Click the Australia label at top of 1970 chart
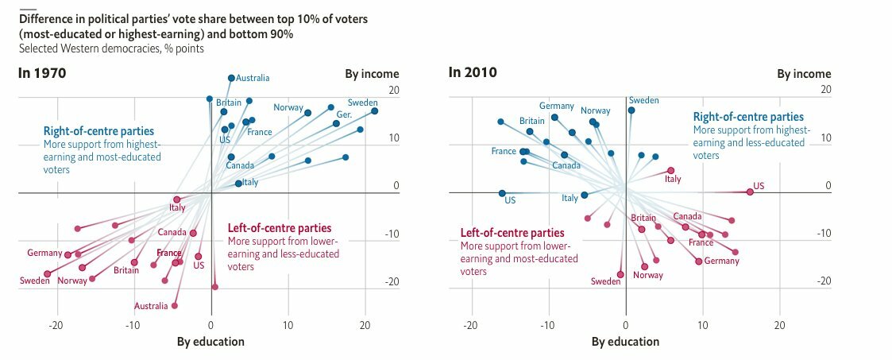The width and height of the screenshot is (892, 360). coord(253,78)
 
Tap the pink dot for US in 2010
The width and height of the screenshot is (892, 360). coord(750,192)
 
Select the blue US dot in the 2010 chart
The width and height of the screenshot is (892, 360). coord(502,193)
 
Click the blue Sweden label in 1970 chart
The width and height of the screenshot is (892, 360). coord(362,103)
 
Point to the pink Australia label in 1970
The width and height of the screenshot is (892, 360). coord(151,306)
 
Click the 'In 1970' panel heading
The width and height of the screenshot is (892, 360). coord(41,73)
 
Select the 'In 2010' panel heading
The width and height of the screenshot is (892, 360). coord(473,73)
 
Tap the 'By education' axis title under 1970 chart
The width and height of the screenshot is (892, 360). coord(210,342)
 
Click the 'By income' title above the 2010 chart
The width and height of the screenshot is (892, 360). coord(804,74)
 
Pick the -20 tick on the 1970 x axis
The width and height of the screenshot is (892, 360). coord(56,325)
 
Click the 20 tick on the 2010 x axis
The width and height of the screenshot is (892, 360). coord(780,325)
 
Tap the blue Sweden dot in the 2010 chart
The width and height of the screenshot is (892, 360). coord(631,110)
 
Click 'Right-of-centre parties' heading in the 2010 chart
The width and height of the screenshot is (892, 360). coord(748,117)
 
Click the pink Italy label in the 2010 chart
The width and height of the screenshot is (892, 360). coord(673,179)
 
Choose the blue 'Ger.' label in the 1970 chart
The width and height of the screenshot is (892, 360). coord(344,114)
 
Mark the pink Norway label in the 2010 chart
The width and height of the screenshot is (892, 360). coord(647,275)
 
